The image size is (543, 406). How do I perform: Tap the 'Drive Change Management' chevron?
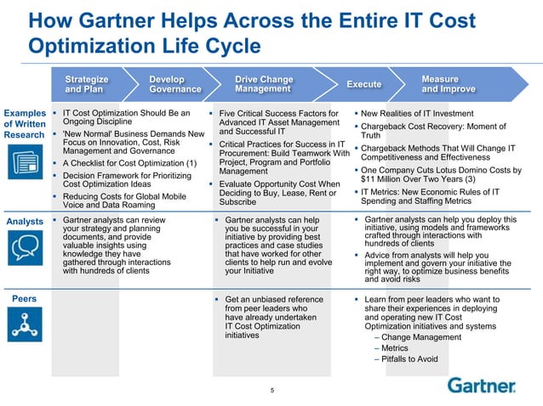pos(263,84)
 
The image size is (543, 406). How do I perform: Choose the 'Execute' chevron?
pos(363,84)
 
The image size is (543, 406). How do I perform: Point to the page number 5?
pos(271,392)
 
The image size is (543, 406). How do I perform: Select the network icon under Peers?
pos(25,324)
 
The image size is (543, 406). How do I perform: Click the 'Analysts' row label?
pos(25,222)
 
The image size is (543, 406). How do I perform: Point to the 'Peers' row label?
pos(23,299)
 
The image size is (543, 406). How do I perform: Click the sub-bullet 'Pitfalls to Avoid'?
pos(410,359)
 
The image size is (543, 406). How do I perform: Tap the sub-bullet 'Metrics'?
pos(395,348)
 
